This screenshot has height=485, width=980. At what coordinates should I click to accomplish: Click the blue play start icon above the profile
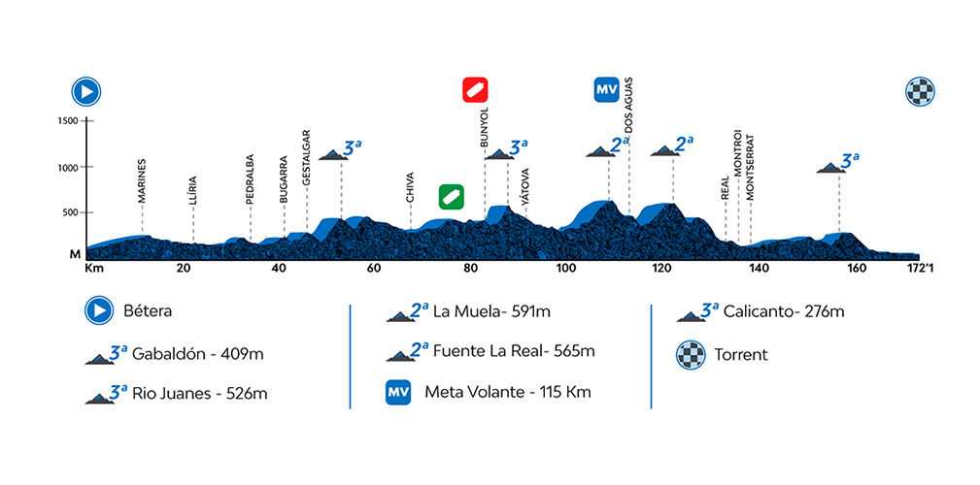point(87,92)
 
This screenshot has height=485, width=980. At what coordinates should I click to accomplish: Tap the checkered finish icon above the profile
point(919,92)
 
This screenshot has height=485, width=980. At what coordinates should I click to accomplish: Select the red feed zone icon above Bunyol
point(475,89)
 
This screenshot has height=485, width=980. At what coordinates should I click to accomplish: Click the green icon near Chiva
point(450,196)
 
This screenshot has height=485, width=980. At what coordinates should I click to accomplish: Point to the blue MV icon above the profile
point(608,90)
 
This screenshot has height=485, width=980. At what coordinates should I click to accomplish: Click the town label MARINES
point(142,179)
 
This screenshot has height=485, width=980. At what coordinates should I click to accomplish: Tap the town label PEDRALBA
point(250,178)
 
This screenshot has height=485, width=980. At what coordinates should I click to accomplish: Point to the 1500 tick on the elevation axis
point(67,121)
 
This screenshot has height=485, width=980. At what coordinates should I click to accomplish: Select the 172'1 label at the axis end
point(919,268)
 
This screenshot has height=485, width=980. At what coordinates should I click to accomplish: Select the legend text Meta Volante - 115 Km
point(508,393)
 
